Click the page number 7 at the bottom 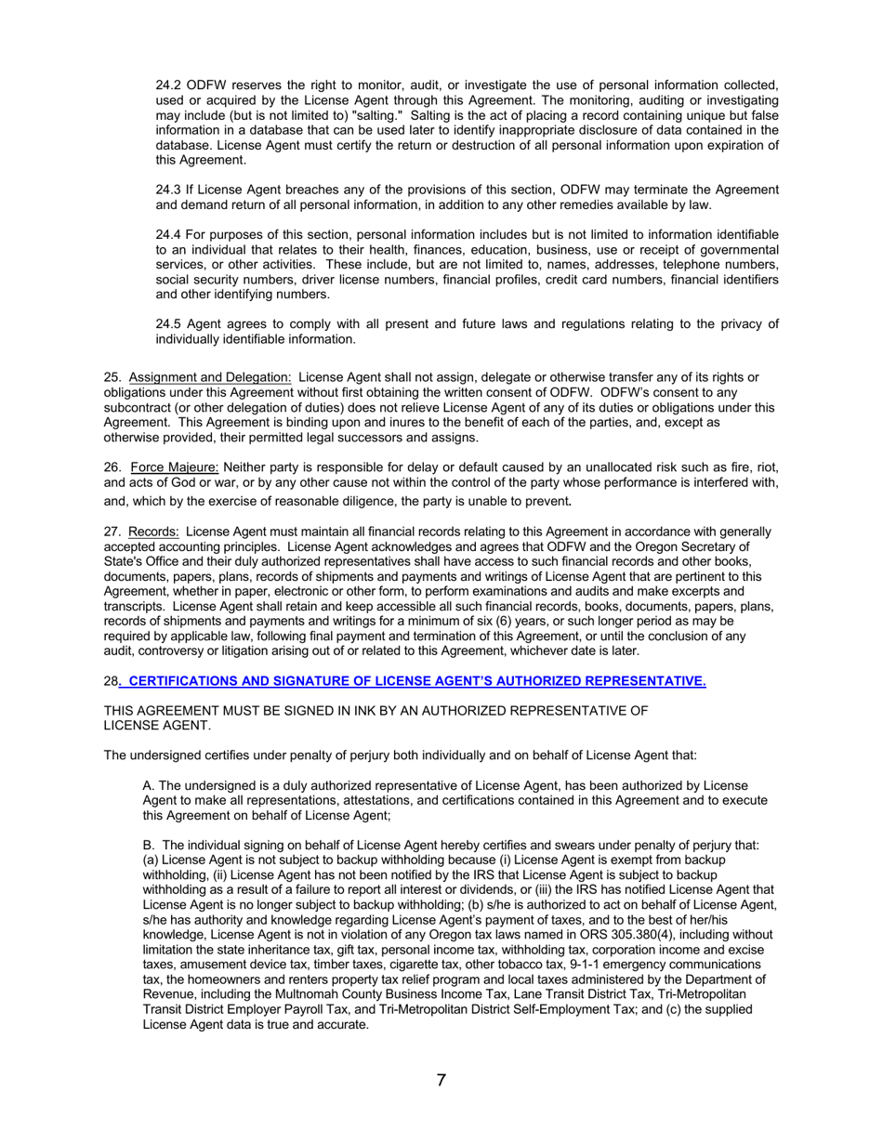pos(441,1080)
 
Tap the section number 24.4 pos(169,235)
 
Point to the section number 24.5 pos(169,324)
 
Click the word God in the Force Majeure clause pos(182,483)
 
